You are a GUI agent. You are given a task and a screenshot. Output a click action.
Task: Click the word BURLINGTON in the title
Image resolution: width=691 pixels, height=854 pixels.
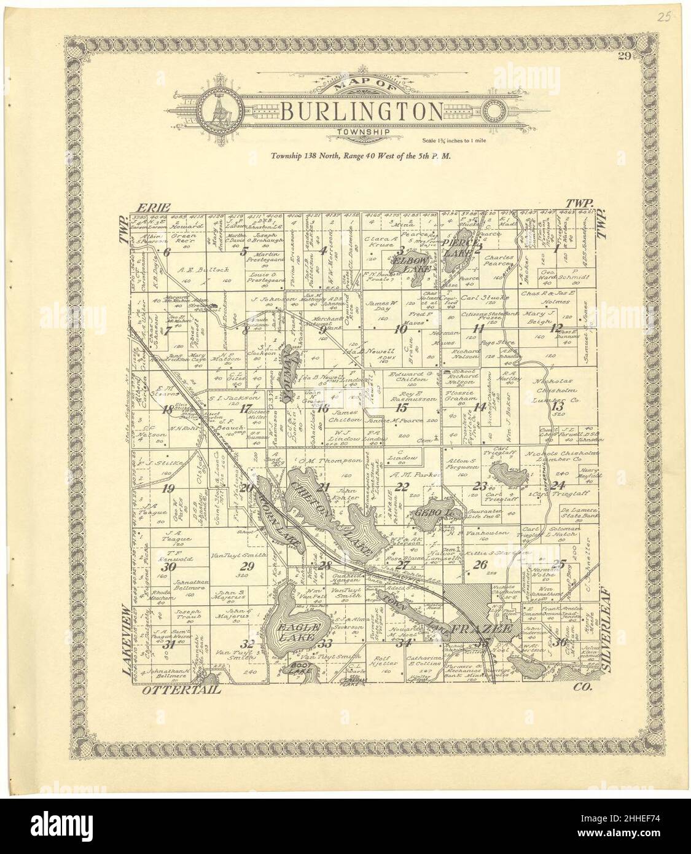[x=361, y=111]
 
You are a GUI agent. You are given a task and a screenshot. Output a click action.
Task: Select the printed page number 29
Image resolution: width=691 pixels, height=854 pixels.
[x=625, y=57]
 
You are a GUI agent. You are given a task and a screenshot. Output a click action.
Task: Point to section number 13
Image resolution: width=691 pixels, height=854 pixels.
[x=557, y=405]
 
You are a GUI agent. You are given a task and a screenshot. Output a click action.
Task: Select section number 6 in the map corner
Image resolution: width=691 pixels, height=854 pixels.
[x=165, y=251]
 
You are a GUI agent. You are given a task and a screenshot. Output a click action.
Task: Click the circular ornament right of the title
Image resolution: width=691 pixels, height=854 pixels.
[x=494, y=112]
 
